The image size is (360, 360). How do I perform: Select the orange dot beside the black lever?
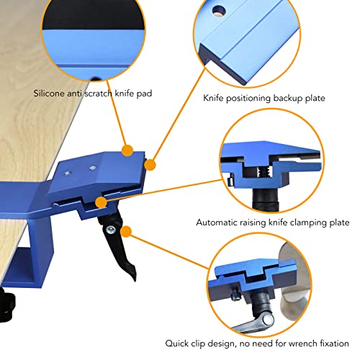pos(127,232)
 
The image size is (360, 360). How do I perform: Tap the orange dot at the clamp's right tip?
pos(150,165)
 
